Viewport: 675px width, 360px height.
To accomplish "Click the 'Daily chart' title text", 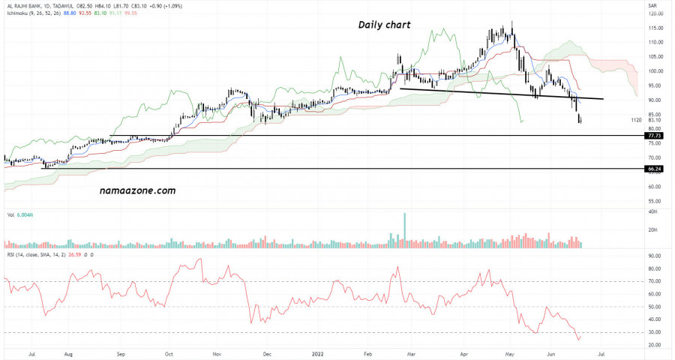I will pos(384,25).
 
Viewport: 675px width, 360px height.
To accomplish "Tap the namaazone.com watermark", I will pos(137,190).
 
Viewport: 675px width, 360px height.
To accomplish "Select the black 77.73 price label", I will pos(654,136).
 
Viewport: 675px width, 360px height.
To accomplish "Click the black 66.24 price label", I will pos(654,169).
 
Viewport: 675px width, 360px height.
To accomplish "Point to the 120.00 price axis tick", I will pos(655,13).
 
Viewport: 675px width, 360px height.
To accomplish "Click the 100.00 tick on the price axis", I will pos(655,71).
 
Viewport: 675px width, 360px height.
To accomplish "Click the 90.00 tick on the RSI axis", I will pos(653,256).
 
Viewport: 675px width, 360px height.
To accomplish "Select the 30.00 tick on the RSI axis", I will pos(653,332).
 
